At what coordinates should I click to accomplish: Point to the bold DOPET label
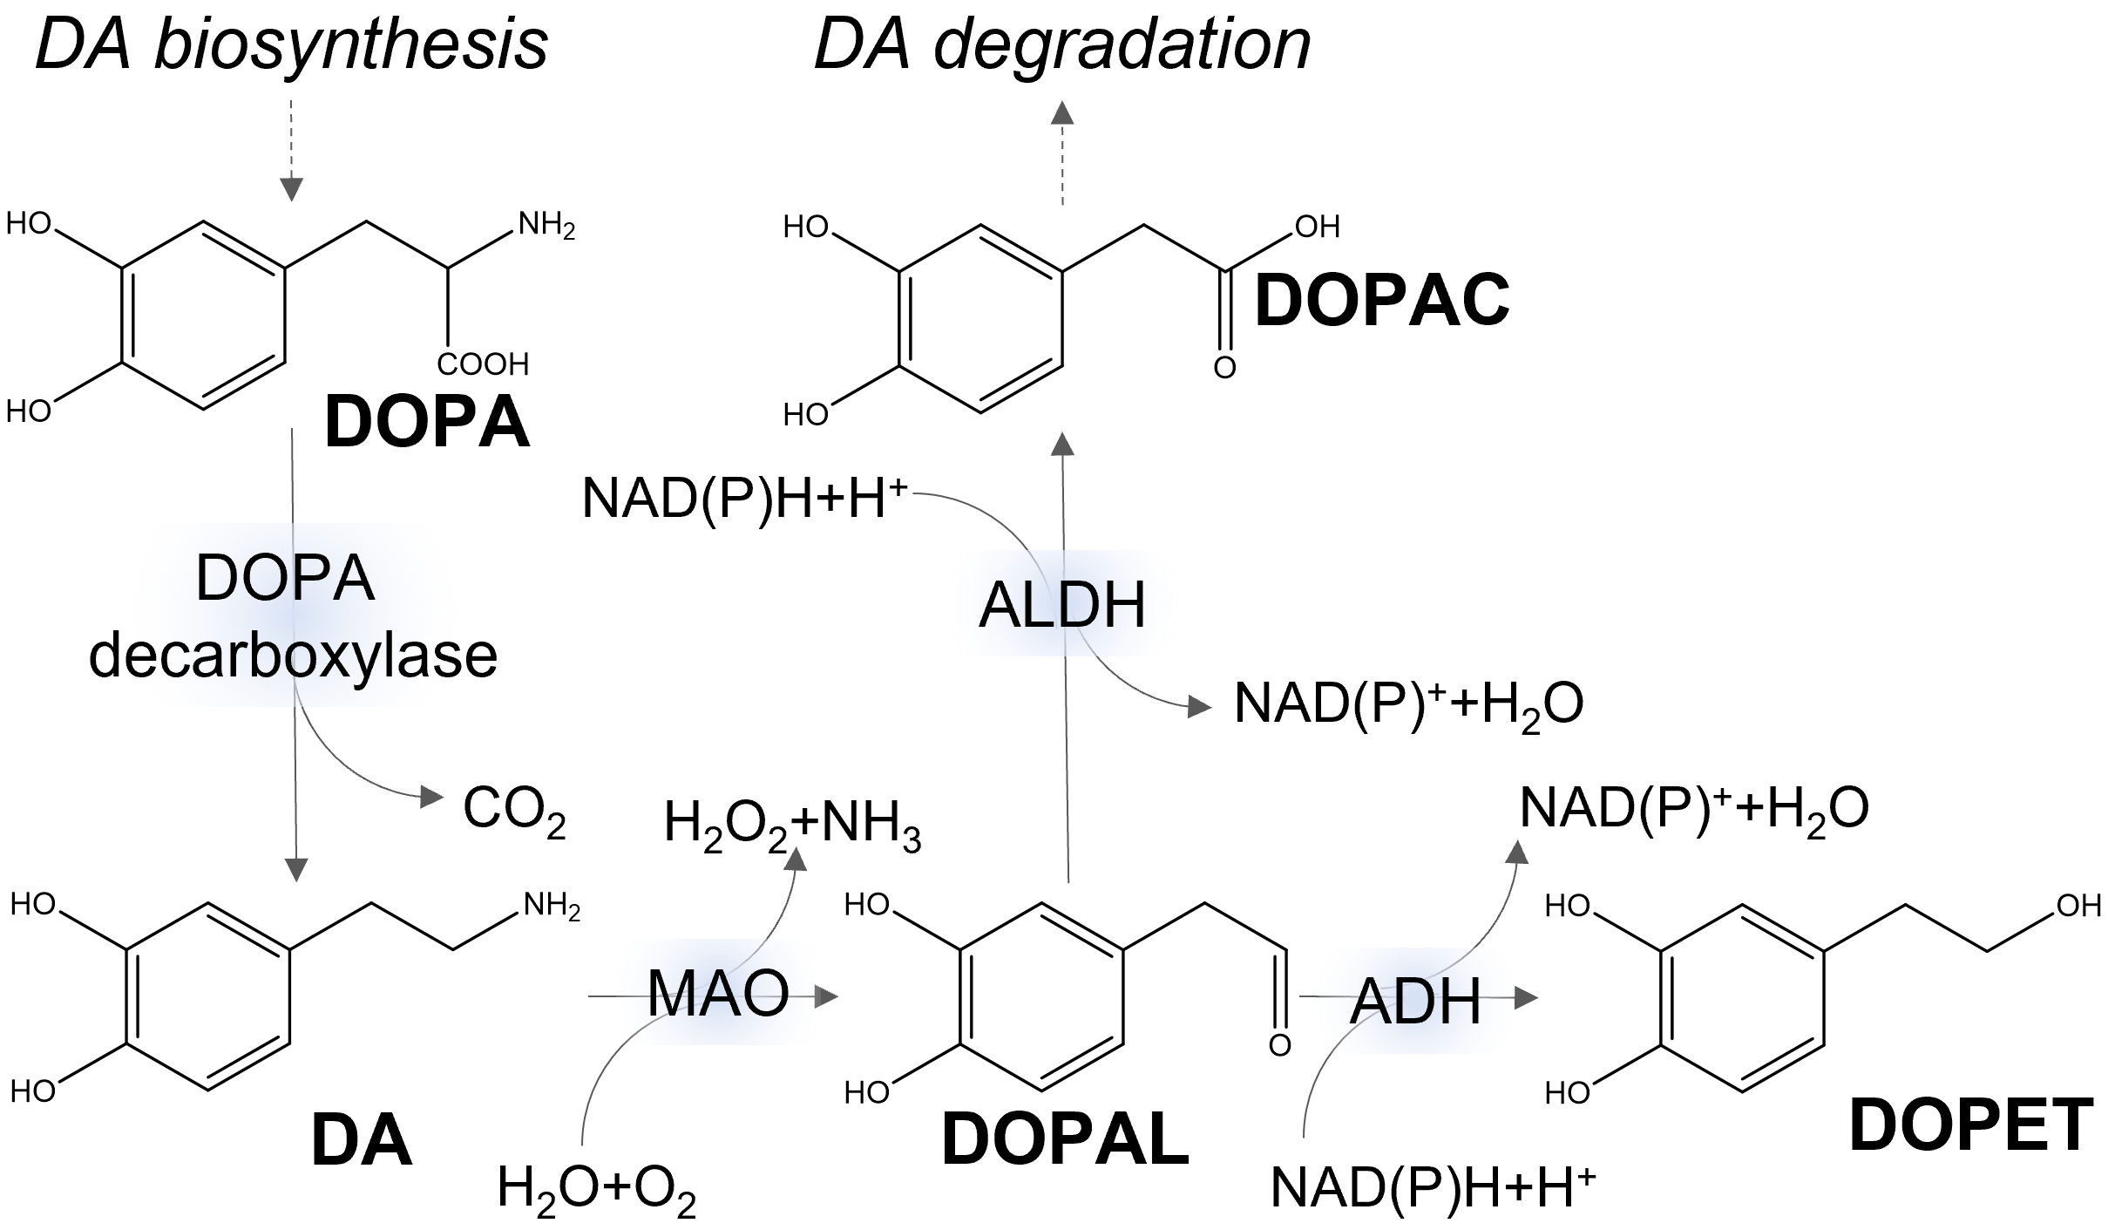1971,1125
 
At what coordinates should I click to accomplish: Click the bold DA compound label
361,1141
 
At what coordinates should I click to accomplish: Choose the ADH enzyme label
1415,1002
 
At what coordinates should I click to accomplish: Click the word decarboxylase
293,656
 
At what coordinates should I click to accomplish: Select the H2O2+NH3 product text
792,825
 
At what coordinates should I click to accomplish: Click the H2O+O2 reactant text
596,1189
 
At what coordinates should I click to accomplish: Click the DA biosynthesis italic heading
291,45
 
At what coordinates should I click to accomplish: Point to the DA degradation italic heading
1061,45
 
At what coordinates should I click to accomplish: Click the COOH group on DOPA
483,364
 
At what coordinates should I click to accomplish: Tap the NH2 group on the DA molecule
551,907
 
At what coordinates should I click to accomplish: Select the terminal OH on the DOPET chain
2078,907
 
